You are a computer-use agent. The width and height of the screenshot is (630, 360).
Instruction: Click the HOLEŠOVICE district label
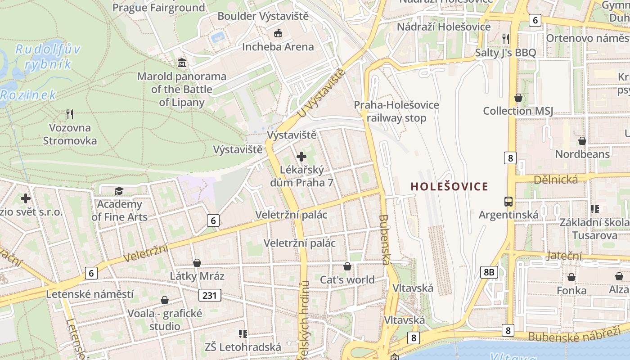pos(450,186)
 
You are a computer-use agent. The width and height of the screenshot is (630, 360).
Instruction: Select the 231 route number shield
pos(210,295)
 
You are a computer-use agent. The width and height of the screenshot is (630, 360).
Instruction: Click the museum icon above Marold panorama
pos(181,62)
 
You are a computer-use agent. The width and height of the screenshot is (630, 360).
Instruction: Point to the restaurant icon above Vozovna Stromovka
pos(70,114)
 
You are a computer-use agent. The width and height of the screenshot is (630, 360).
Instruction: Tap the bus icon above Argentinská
pos(508,201)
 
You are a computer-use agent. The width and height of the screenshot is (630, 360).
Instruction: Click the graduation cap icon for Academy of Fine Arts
pos(119,191)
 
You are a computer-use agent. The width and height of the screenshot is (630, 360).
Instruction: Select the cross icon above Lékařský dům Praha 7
pos(301,157)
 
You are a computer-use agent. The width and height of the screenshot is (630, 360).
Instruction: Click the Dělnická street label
pos(556,180)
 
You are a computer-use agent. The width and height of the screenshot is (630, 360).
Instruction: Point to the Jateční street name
pos(564,256)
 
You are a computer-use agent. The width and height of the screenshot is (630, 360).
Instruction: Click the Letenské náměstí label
pos(90,294)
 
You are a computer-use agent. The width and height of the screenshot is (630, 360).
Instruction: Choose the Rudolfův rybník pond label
pos(48,57)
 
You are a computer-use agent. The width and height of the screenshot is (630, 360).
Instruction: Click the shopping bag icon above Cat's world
pos(347,266)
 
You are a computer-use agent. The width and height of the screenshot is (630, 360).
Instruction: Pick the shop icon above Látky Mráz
pos(197,263)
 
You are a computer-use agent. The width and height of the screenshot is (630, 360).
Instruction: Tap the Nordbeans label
pos(582,154)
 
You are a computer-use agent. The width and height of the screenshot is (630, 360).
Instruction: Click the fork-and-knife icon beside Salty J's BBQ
pos(506,39)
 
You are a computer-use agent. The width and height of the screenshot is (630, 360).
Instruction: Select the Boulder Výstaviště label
pos(263,16)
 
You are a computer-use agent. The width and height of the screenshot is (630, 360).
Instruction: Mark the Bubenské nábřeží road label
pos(574,335)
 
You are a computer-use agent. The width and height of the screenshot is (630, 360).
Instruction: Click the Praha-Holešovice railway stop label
pos(396,112)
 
